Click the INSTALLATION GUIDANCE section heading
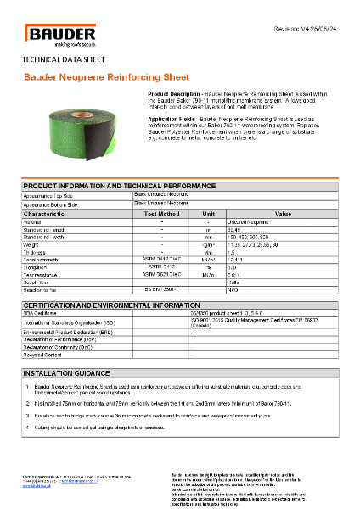tap(64, 372)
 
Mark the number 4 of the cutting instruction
tap(28, 427)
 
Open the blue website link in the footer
tap(41, 486)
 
